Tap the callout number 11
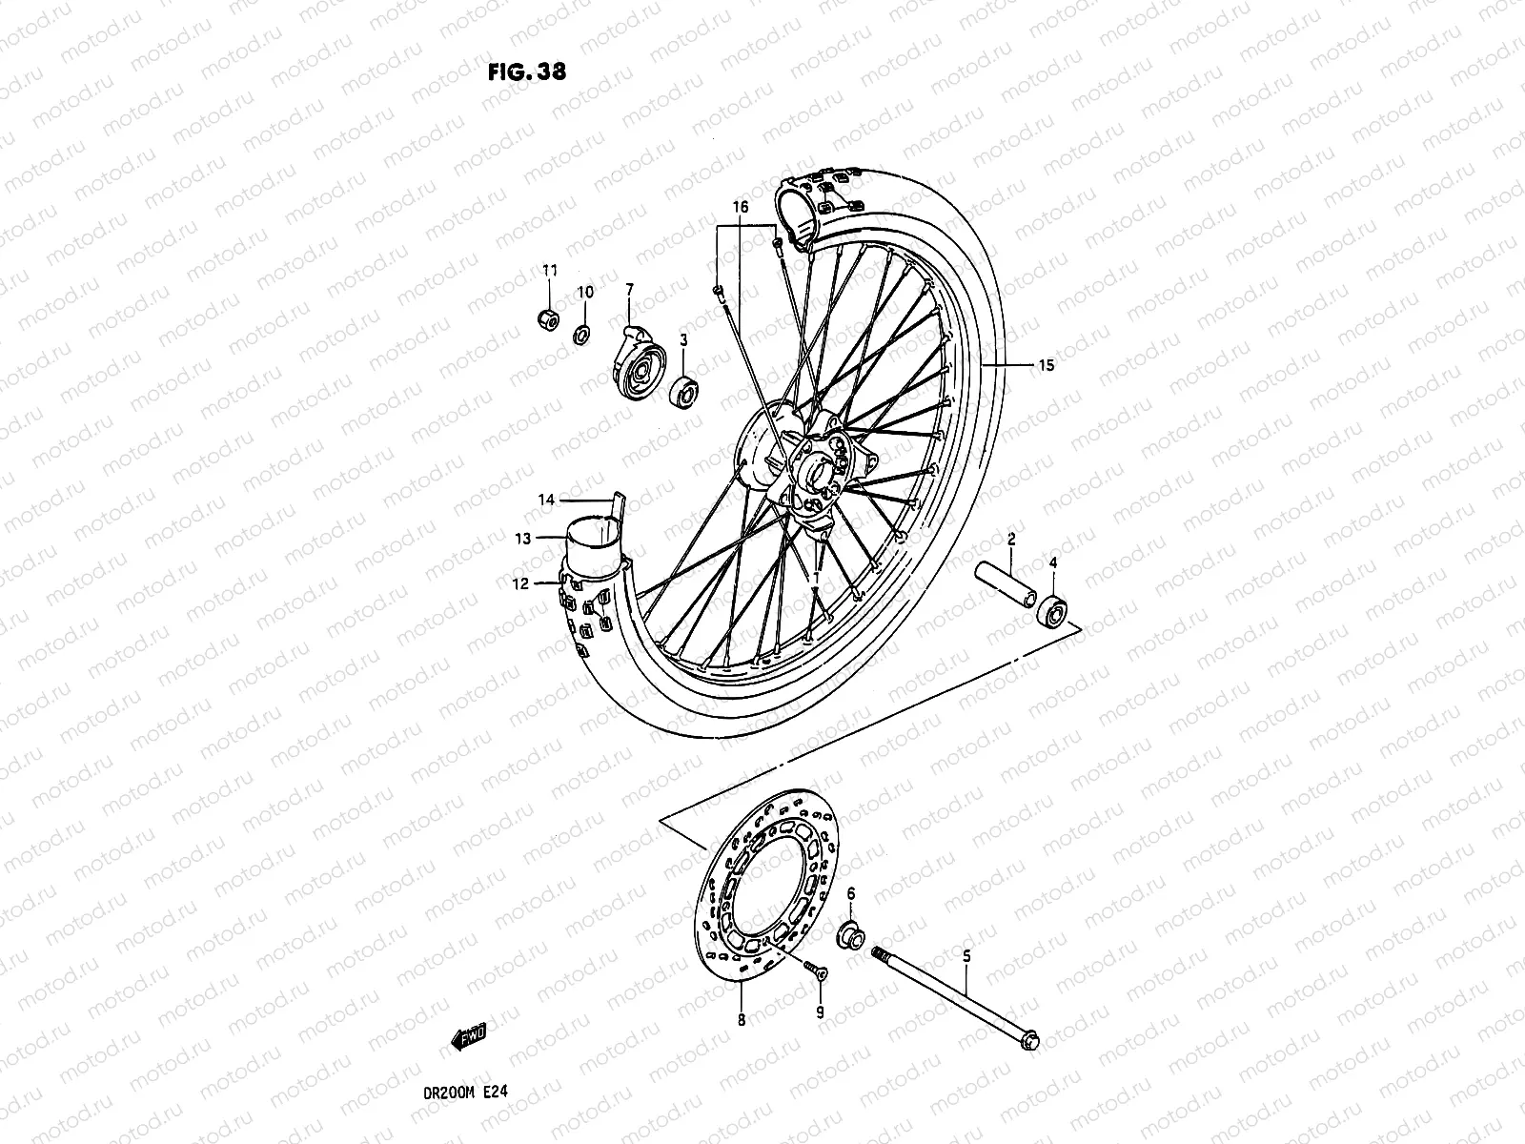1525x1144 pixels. click(x=550, y=271)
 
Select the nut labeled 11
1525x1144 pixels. click(x=547, y=317)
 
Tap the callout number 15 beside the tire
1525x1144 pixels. click(x=1047, y=365)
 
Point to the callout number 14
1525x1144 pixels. click(x=546, y=500)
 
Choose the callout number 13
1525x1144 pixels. click(x=522, y=539)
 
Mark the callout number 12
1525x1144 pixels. click(x=519, y=584)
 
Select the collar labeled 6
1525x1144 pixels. click(x=849, y=937)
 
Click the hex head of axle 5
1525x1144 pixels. click(x=1029, y=1044)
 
